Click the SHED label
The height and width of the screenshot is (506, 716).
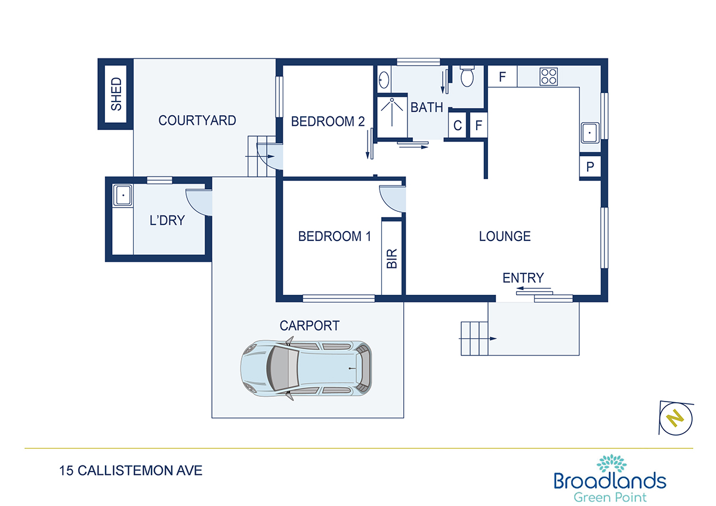pos(116,94)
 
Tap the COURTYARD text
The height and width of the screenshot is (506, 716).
pos(197,121)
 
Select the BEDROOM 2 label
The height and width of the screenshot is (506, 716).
pos(328,122)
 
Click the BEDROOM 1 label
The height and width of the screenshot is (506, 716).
pos(334,236)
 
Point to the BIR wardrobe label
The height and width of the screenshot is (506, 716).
pos(392,258)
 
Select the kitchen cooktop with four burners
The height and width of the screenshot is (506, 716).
pos(549,76)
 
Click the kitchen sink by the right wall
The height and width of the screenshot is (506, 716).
pos(590,132)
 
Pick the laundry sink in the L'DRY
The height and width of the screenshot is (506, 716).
pos(123,195)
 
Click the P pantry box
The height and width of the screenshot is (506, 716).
pos(590,167)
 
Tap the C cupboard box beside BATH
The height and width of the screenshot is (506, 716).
pos(458,125)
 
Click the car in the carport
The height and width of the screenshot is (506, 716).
pos(307,368)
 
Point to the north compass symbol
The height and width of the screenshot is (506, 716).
pos(675,418)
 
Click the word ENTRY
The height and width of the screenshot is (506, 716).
pos(523,278)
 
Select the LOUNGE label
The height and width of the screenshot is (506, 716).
pos(505,236)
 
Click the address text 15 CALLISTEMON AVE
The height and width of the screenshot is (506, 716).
pos(131,471)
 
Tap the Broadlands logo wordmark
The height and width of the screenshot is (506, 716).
pos(610,481)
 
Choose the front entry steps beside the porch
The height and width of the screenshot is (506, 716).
pos(474,338)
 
